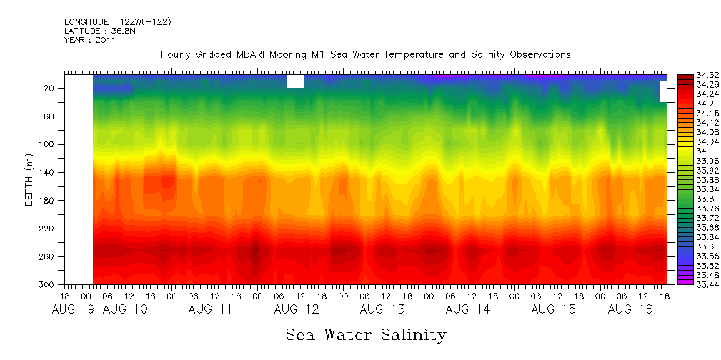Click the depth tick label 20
[x=50, y=88]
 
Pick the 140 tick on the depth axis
[x=48, y=172]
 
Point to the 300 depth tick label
[x=48, y=284]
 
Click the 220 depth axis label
[x=48, y=229]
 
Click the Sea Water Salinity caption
[x=366, y=335]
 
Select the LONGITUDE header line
[x=117, y=22]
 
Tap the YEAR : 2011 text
[x=89, y=40]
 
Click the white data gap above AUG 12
[x=294, y=81]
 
